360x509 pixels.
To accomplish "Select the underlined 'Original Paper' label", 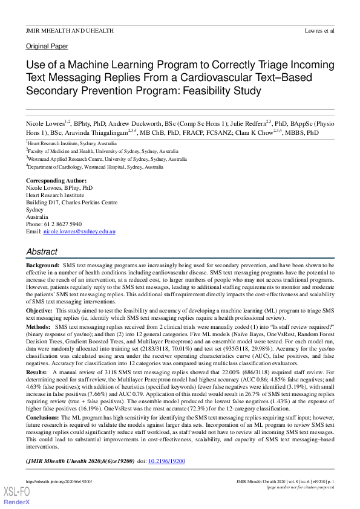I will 47,46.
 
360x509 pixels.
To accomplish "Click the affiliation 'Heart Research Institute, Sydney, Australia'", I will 73,144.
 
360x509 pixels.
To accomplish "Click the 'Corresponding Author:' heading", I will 56,181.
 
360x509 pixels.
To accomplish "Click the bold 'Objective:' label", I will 39,310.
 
